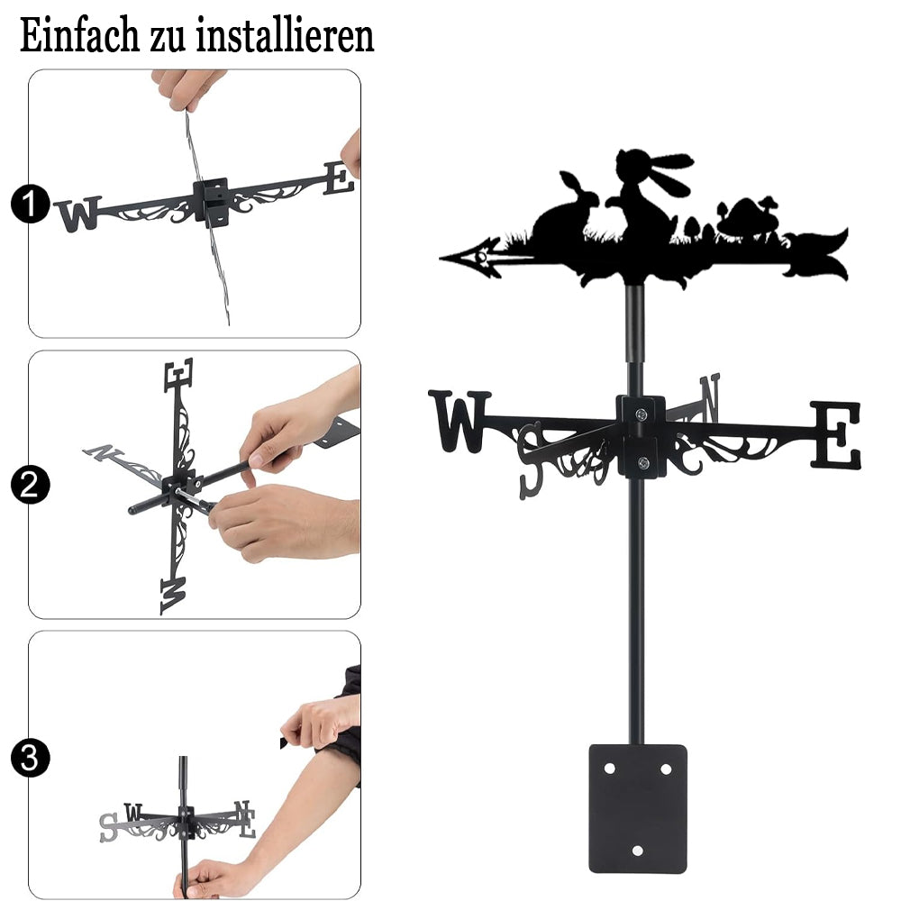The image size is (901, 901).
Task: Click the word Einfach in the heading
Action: click(x=79, y=36)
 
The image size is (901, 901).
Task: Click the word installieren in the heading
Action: click(x=285, y=36)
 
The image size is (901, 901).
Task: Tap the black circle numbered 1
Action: click(x=30, y=204)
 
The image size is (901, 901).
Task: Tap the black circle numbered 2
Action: click(x=30, y=485)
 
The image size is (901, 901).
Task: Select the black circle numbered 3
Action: click(x=30, y=758)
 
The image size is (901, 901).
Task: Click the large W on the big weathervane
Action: click(x=460, y=421)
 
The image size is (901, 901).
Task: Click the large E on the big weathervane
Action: click(x=837, y=434)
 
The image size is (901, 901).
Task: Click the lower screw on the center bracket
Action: click(x=643, y=462)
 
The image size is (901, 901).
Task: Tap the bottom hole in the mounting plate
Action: click(x=637, y=851)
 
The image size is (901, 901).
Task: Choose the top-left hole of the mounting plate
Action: click(x=609, y=769)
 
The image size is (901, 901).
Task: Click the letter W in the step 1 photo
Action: click(x=78, y=214)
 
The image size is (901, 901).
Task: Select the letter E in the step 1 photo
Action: click(x=339, y=178)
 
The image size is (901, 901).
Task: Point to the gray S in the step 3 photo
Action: click(x=108, y=827)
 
